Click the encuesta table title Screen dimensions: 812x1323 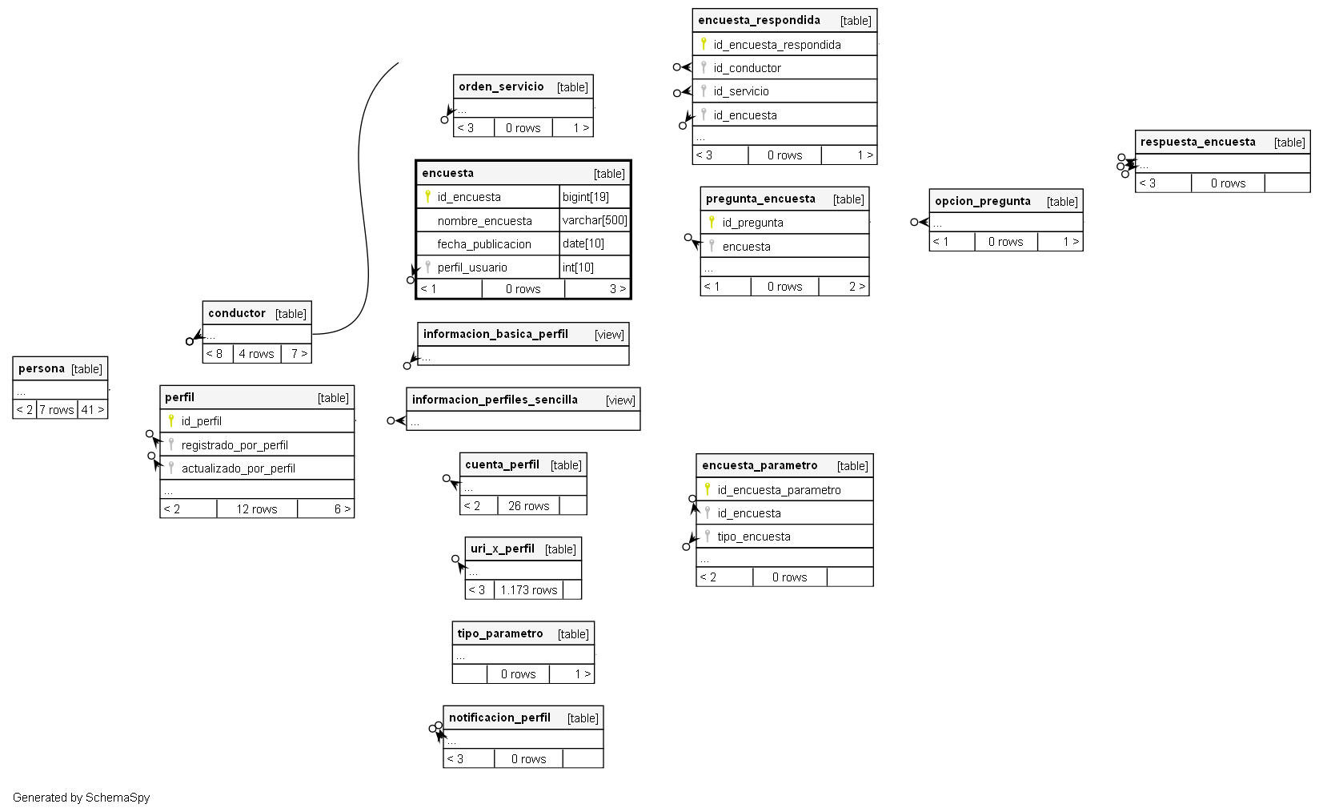pos(447,173)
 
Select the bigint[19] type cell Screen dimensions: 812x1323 pos(585,197)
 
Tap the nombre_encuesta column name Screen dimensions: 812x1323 pos(484,221)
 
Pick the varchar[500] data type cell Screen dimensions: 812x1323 pos(595,220)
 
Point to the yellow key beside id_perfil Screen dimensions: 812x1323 pos(170,420)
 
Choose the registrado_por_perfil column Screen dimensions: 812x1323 pos(235,445)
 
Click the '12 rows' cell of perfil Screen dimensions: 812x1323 pos(256,509)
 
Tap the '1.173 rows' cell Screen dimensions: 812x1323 pos(528,590)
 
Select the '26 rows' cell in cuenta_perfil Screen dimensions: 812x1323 pos(528,506)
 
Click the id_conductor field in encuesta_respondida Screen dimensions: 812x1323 pos(747,68)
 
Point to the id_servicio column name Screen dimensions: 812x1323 pos(741,91)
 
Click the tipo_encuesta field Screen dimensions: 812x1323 pos(753,537)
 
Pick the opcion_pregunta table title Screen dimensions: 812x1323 pos(982,201)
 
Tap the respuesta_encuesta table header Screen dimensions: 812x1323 pos(1197,142)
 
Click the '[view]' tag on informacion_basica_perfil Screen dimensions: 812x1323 pos(609,335)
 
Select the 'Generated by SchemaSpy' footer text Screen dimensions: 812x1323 pos(82,798)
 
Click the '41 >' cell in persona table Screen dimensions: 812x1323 pos(93,410)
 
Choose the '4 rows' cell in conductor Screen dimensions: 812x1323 pos(256,354)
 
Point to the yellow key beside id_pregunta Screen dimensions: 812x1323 pos(712,222)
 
